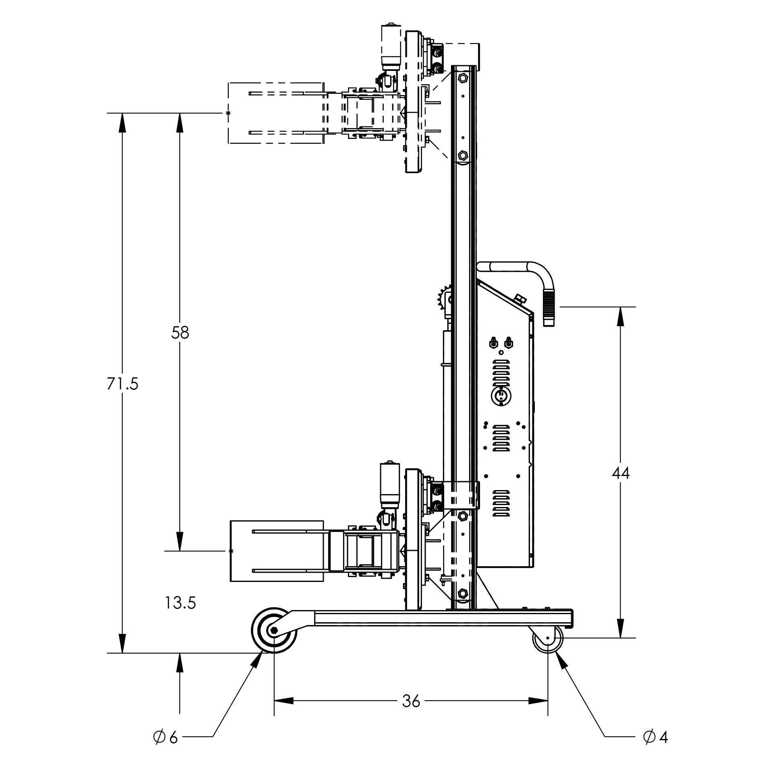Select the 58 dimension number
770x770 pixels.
(180, 333)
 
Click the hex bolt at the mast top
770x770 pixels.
(462, 77)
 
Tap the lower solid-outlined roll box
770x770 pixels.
(277, 551)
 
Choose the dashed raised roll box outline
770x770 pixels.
(276, 113)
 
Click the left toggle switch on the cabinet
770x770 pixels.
(493, 343)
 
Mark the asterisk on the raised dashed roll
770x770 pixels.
(228, 113)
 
